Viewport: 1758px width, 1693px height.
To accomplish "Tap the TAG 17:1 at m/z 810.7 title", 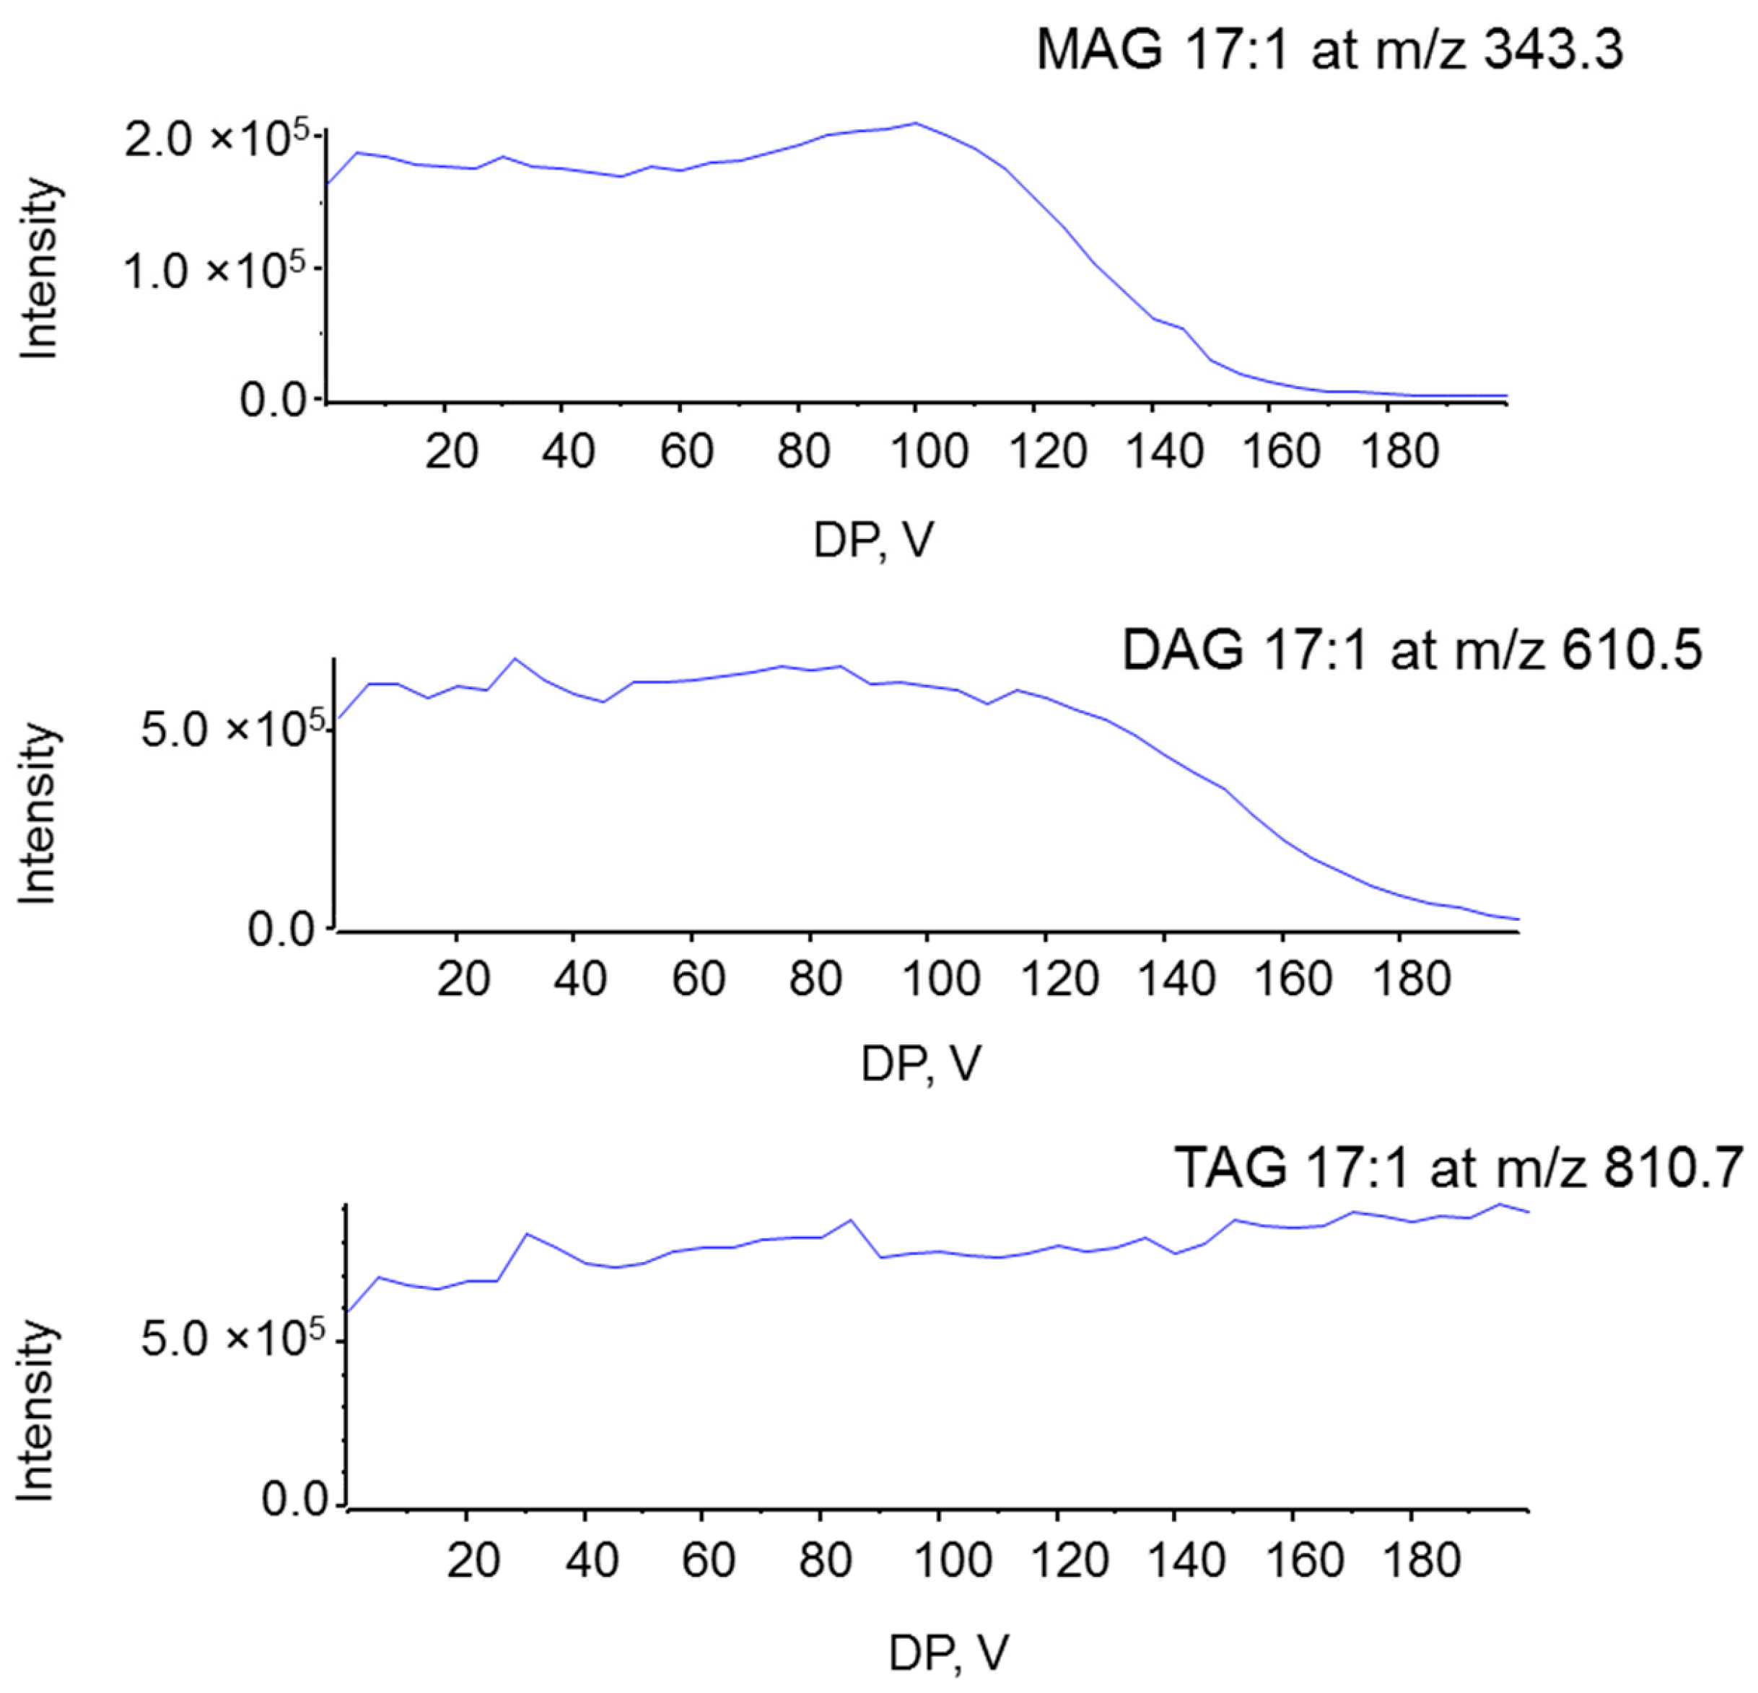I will pyautogui.click(x=1459, y=1168).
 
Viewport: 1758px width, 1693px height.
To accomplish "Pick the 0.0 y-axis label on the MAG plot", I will pyautogui.click(x=274, y=400).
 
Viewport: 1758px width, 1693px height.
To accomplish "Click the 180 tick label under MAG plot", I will pyautogui.click(x=1399, y=450).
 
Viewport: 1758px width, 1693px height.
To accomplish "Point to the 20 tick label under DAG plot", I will pyautogui.click(x=463, y=977).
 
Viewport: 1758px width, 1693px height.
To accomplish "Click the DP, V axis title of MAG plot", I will pyautogui.click(x=874, y=541).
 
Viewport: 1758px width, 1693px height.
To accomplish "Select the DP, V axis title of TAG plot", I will pyautogui.click(x=949, y=1653).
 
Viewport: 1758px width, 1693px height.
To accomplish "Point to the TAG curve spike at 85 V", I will pyautogui.click(x=850, y=1220).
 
